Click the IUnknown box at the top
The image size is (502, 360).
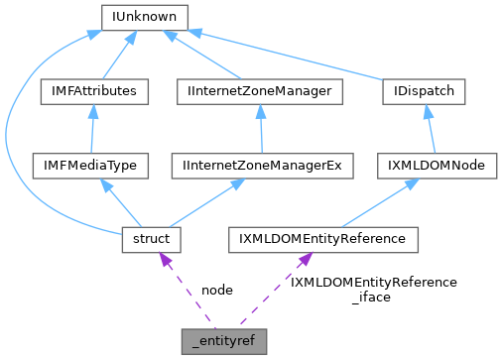[x=147, y=17]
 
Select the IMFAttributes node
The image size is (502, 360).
[x=94, y=91]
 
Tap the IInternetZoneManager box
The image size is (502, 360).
[x=259, y=91]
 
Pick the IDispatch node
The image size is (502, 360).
[x=424, y=91]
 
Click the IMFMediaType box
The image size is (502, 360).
[x=90, y=166]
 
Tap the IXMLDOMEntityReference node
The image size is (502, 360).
[x=322, y=239]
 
